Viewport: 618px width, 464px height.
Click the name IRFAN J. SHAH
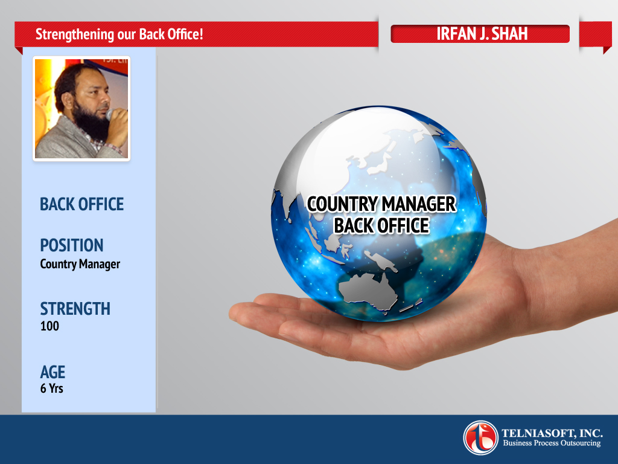pos(482,34)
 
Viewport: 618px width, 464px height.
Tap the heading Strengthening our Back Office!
pos(119,34)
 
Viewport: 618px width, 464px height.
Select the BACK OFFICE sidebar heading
pos(81,204)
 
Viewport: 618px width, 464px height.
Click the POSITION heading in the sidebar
pos(72,245)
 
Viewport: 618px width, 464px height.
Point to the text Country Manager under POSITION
pos(80,264)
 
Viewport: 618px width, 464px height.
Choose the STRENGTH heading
pos(75,309)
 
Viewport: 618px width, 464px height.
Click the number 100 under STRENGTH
pos(49,326)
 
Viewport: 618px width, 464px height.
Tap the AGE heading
pos(53,372)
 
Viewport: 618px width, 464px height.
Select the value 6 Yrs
pos(52,388)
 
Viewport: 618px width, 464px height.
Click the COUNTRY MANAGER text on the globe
pos(381,204)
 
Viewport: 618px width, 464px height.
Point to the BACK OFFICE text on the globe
pos(381,226)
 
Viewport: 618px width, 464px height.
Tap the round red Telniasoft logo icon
pos(480,437)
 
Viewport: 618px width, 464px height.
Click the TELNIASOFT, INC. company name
pos(552,433)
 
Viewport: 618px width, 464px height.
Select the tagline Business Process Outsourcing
pos(552,443)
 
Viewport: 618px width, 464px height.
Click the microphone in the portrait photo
pos(110,114)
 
